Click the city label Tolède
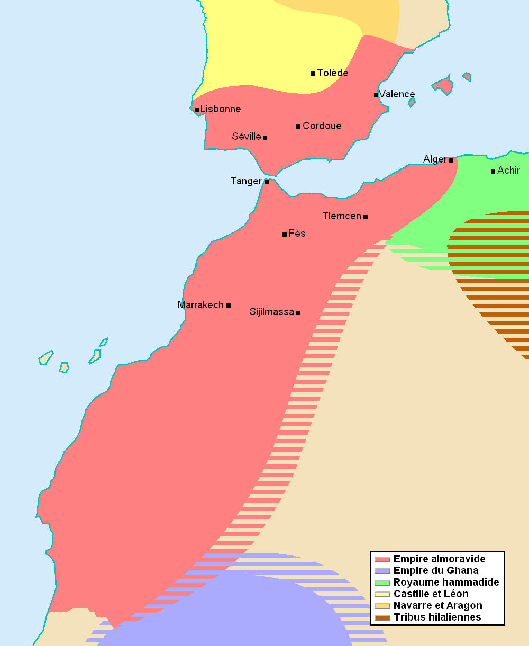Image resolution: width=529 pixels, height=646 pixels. [x=332, y=73]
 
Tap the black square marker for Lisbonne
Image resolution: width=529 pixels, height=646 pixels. [x=197, y=110]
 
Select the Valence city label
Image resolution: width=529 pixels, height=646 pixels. [x=397, y=94]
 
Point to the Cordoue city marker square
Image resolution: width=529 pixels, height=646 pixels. [x=298, y=127]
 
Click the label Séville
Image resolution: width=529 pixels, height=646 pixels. [x=247, y=137]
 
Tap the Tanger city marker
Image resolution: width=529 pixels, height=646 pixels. [x=267, y=182]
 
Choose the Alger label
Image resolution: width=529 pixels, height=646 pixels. [x=435, y=159]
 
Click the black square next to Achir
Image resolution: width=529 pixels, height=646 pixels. [x=493, y=171]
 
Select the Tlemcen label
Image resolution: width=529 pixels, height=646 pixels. [x=342, y=216]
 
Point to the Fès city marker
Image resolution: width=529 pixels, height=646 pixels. [x=285, y=234]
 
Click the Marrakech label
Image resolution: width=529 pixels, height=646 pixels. [x=200, y=305]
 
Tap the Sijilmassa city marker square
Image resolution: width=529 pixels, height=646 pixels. [x=298, y=313]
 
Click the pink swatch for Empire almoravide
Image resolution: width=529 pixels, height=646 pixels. [x=382, y=559]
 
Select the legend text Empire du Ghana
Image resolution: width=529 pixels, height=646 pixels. [x=436, y=570]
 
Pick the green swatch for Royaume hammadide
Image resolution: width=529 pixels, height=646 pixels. [x=382, y=582]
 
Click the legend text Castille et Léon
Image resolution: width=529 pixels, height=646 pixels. [x=431, y=594]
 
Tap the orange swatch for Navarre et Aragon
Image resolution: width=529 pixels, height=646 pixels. [x=382, y=606]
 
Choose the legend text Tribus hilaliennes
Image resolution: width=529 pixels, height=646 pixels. [x=437, y=617]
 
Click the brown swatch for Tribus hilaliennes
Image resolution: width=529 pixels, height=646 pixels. [x=382, y=617]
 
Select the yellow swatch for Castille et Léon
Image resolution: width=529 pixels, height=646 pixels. [x=382, y=594]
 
